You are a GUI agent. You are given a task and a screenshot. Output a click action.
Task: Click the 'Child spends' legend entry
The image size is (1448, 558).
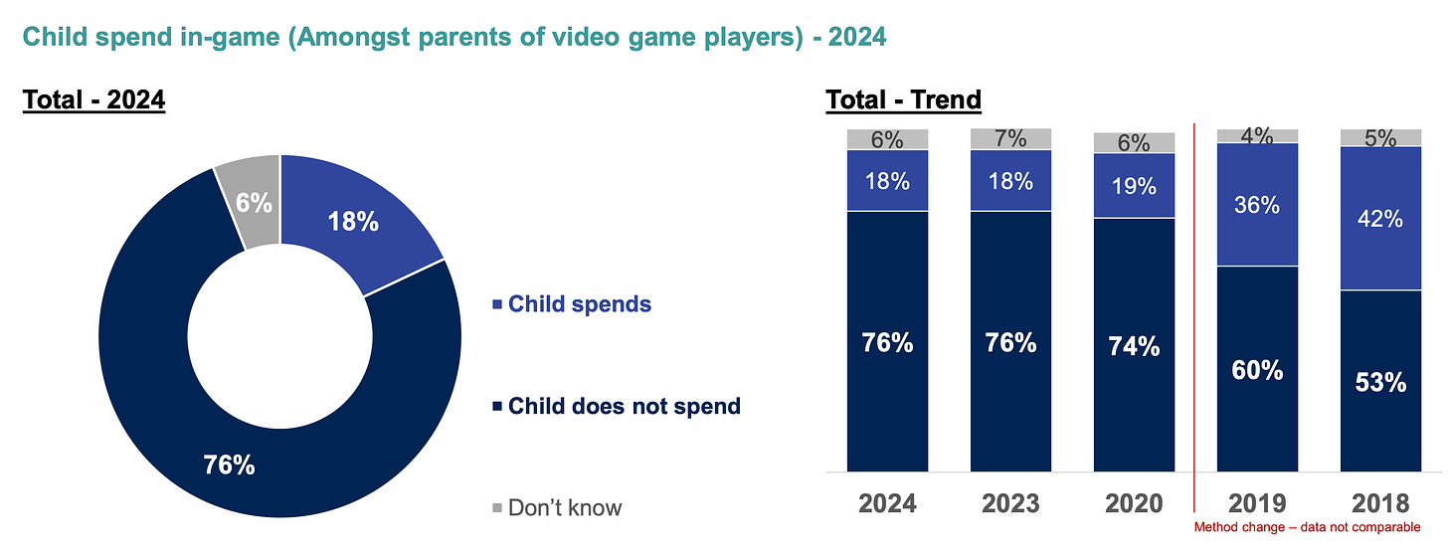coord(580,304)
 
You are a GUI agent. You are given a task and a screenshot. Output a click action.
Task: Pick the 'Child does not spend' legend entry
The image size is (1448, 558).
coord(624,406)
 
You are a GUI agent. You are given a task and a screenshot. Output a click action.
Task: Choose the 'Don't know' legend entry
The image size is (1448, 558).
coord(565,507)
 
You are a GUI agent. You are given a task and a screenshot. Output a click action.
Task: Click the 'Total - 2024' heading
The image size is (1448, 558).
coord(93,100)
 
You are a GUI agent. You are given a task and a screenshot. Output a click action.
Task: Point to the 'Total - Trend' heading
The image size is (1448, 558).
coord(903,100)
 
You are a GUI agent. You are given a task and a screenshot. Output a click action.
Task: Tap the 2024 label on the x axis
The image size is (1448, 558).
coord(887,504)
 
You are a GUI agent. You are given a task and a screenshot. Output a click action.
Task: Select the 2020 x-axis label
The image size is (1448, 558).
coord(1133,504)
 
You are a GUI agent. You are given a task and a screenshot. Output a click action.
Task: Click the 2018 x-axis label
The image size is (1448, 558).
coord(1380,504)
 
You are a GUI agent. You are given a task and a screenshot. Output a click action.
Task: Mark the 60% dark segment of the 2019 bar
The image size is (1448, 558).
coord(1257,370)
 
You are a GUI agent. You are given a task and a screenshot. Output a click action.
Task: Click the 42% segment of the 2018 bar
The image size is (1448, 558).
coord(1380,219)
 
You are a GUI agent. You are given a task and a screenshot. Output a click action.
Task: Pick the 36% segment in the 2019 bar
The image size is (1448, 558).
coord(1257,205)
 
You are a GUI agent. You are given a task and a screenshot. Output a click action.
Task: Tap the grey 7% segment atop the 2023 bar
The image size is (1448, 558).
coord(1010,139)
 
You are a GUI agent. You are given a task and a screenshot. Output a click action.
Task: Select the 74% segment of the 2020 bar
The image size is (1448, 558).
coord(1134,345)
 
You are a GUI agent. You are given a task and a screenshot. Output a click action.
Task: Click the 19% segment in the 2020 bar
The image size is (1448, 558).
coord(1134,186)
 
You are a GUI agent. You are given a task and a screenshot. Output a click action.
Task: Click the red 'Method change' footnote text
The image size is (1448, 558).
coord(1307,527)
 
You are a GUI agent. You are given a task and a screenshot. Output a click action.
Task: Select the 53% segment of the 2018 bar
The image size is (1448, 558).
coord(1380,382)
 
